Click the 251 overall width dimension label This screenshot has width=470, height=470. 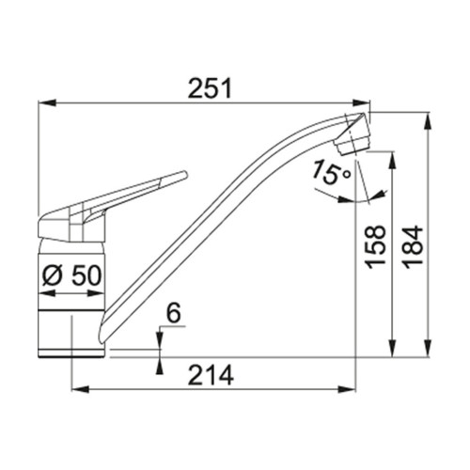[210, 88]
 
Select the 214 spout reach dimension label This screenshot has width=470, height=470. [211, 375]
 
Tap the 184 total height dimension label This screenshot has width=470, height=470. [413, 247]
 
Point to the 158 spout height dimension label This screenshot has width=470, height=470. [375, 247]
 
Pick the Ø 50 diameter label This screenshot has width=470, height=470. [72, 275]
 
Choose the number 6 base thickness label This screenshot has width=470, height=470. [174, 314]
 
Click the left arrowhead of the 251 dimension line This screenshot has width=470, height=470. [47, 102]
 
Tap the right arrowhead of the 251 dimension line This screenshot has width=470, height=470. [361, 102]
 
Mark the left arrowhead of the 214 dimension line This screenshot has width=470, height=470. [81, 390]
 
